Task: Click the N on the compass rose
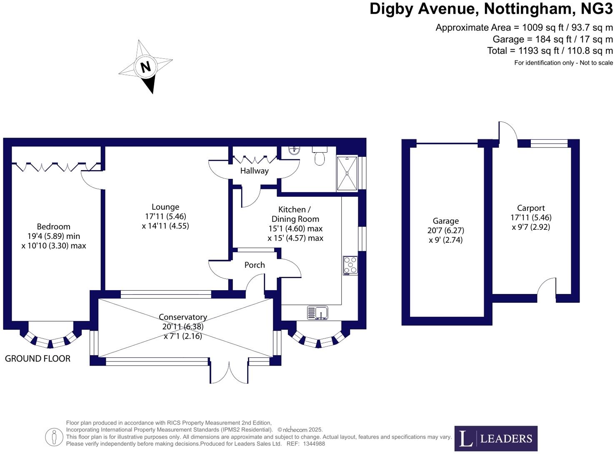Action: point(145,67)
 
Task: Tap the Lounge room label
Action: point(165,207)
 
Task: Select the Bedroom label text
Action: point(53,226)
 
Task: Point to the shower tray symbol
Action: point(347,173)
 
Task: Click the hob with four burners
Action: point(350,265)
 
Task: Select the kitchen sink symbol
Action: point(318,313)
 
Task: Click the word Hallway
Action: point(254,171)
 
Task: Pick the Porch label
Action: point(255,265)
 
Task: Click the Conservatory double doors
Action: point(229,372)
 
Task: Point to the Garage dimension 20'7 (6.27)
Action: point(445,230)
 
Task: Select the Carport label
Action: point(531,208)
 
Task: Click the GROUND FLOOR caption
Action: point(37,358)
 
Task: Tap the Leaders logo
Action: point(496,438)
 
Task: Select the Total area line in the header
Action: point(550,51)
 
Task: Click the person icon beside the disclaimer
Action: point(54,437)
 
